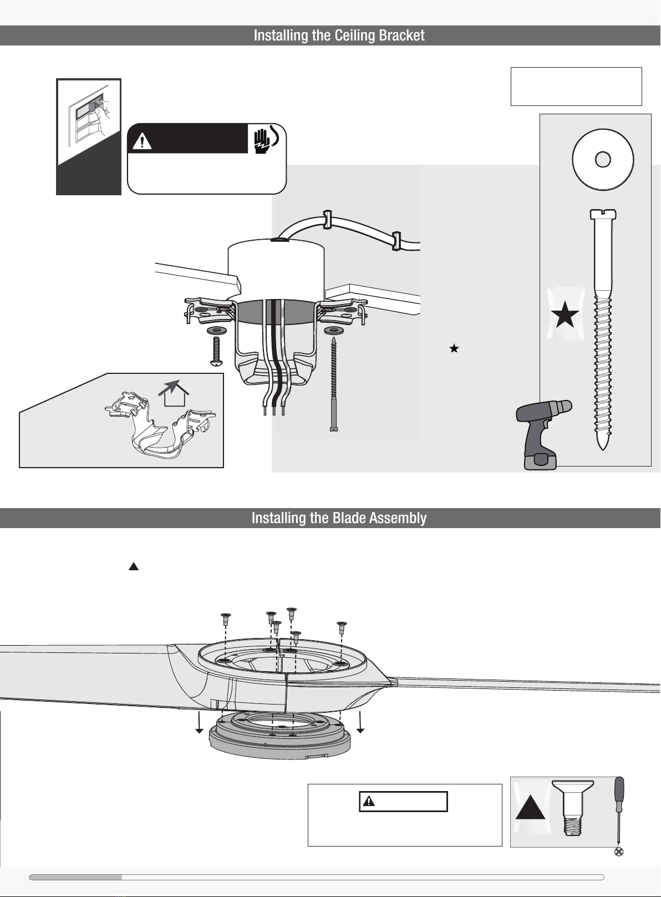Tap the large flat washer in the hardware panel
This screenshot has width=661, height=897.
click(x=603, y=159)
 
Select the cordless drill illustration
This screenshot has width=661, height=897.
click(x=542, y=434)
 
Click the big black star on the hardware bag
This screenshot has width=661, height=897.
click(x=565, y=315)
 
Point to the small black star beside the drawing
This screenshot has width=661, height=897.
click(x=454, y=348)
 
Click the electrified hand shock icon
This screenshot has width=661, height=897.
click(x=266, y=139)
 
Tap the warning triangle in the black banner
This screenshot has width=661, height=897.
click(x=142, y=142)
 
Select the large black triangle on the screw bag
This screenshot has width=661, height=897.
click(x=530, y=807)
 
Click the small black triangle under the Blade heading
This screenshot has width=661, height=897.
click(x=134, y=566)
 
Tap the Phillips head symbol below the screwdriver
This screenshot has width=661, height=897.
click(x=618, y=852)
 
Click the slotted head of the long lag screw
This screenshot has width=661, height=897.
click(x=603, y=214)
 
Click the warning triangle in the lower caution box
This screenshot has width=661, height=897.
click(x=368, y=801)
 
